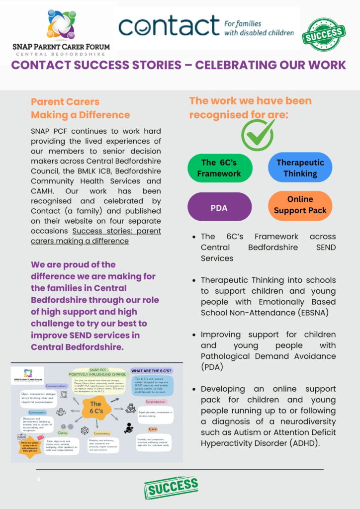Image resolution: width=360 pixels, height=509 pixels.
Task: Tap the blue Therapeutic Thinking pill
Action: (300, 168)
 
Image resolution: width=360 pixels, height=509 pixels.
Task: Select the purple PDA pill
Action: (219, 207)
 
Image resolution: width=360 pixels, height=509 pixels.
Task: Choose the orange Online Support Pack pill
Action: (300, 205)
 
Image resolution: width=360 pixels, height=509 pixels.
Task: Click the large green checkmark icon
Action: (258, 134)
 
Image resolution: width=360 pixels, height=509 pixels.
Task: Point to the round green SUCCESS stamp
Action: (324, 35)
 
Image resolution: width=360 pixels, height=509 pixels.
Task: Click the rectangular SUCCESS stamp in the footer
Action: (171, 487)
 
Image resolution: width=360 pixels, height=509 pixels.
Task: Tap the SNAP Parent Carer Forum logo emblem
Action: (61, 25)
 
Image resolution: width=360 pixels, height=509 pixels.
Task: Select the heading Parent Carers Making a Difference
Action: (80, 108)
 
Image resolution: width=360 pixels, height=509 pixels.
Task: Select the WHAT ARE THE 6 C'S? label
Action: (151, 371)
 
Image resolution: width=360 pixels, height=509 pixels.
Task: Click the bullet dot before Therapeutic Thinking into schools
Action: (195, 280)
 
